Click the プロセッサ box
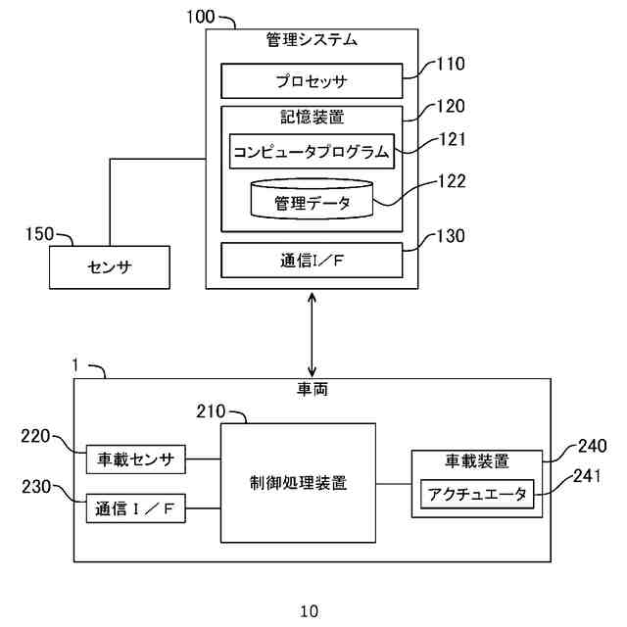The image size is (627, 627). coord(312,80)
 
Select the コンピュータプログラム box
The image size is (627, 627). coord(312,152)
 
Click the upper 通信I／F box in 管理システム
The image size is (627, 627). coord(312,262)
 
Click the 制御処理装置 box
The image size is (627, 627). coord(298,483)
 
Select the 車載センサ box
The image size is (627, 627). coord(136,458)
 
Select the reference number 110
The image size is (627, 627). coord(450,65)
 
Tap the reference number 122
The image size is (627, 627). coord(450,180)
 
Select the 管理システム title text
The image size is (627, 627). coord(312,41)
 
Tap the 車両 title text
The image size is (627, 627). coord(312,389)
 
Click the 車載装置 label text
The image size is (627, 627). coord(477,460)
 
